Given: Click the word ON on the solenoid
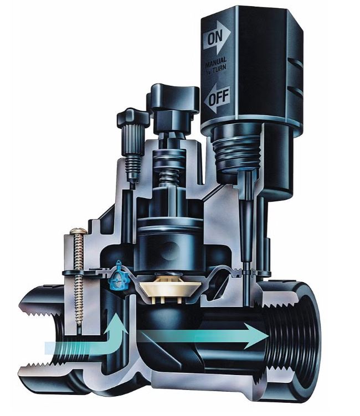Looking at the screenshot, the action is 214,38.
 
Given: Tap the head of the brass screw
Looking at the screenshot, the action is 79,231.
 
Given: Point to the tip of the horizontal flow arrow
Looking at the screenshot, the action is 269,336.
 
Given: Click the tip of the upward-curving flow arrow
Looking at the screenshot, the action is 116,313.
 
